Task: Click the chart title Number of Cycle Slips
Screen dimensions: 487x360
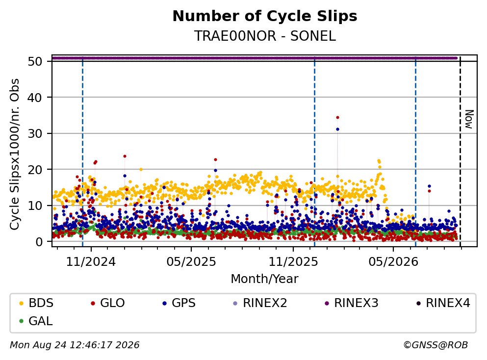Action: coord(265,16)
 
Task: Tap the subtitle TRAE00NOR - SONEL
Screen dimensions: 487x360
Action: coord(265,36)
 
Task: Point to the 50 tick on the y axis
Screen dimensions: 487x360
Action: coord(35,61)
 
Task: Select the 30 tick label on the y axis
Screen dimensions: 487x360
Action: coord(35,133)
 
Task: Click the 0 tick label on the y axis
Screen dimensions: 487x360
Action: coord(39,242)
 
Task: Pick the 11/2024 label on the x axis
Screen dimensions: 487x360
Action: coord(91,262)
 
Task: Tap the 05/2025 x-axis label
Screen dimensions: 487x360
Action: coord(191,262)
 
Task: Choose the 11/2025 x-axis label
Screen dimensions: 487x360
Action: coord(293,262)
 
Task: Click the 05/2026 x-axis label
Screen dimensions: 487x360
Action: coord(393,262)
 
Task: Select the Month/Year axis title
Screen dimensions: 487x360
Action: coord(264,279)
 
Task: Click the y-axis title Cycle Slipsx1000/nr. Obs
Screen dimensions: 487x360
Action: coord(15,154)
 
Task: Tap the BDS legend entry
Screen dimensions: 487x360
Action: coord(36,303)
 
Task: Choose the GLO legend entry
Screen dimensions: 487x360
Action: coord(107,303)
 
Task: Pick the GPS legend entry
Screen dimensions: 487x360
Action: coord(179,303)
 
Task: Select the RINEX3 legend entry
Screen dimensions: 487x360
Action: coord(351,303)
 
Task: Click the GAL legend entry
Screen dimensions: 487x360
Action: coord(36,321)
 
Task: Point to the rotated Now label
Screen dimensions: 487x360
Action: coord(469,119)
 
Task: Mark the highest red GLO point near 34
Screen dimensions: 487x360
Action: coord(337,117)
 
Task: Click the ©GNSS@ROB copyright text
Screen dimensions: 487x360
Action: coord(436,345)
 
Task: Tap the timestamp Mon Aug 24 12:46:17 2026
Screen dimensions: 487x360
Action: coord(75,345)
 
